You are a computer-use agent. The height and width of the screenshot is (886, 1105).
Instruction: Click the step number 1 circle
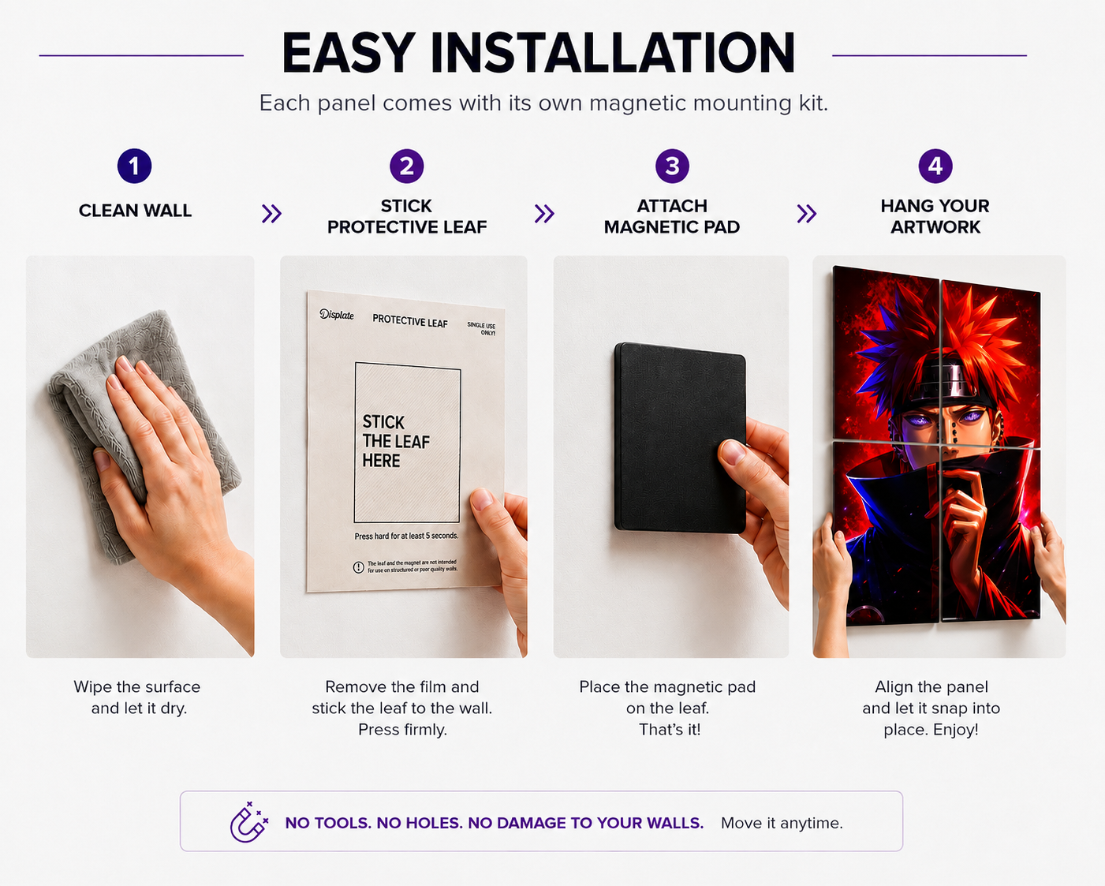pyautogui.click(x=134, y=166)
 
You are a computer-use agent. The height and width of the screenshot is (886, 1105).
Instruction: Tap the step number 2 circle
pyautogui.click(x=407, y=166)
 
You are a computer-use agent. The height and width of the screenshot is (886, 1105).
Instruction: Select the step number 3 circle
pyautogui.click(x=672, y=166)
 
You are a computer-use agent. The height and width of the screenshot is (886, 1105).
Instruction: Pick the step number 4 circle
pyautogui.click(x=935, y=166)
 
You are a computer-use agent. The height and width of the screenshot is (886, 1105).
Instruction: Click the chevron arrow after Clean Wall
pyautogui.click(x=271, y=214)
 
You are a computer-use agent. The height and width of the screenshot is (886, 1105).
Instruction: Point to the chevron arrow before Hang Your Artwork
pyautogui.click(x=807, y=214)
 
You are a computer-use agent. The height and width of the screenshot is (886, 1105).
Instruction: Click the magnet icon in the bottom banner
pyautogui.click(x=248, y=822)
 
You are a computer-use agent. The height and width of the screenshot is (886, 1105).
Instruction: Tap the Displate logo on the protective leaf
pyautogui.click(x=337, y=314)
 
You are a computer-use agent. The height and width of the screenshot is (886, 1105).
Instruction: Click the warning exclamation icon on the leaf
pyautogui.click(x=358, y=567)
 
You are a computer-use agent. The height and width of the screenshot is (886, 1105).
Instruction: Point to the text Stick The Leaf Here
pyautogui.click(x=396, y=442)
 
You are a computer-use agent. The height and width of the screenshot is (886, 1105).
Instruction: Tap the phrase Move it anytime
pyautogui.click(x=782, y=824)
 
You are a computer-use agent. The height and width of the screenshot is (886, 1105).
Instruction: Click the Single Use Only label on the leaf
pyautogui.click(x=481, y=329)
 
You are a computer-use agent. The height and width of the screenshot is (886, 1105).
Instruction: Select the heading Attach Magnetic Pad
pyautogui.click(x=672, y=216)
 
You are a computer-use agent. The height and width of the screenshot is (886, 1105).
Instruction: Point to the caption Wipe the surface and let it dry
pyautogui.click(x=137, y=697)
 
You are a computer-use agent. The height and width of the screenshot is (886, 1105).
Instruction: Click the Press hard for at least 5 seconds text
pyautogui.click(x=406, y=536)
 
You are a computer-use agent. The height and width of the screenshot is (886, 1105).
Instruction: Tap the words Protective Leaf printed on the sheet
pyautogui.click(x=410, y=321)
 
